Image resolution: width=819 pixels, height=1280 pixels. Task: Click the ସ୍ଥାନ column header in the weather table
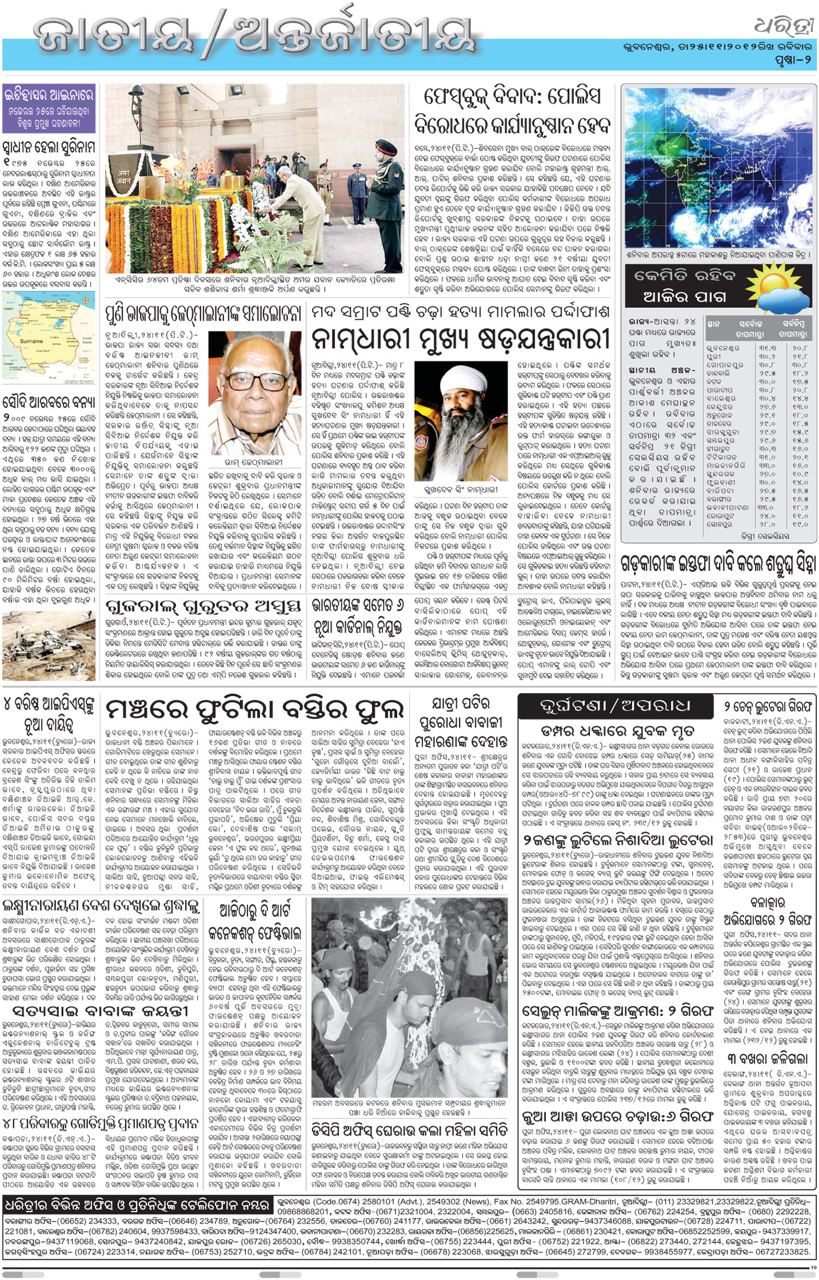coord(714,324)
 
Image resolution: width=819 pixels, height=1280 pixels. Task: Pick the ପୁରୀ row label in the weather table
coord(714,356)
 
